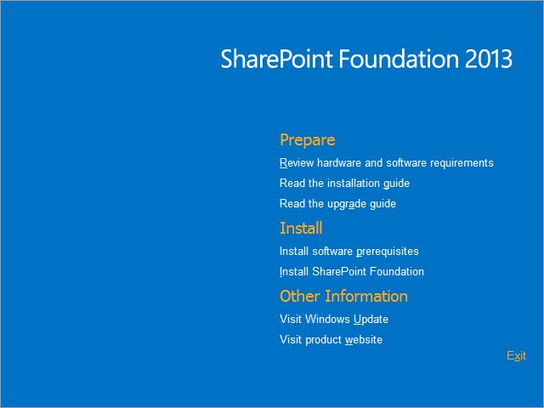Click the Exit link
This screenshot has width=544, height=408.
pyautogui.click(x=516, y=355)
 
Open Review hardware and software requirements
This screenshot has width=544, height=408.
pyautogui.click(x=386, y=162)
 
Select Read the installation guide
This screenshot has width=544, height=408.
pyautogui.click(x=344, y=183)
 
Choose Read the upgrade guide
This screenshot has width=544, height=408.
pyautogui.click(x=337, y=203)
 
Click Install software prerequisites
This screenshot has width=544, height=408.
pyautogui.click(x=348, y=251)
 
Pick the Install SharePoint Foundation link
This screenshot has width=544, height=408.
pyautogui.click(x=351, y=271)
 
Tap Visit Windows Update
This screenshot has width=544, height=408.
pyautogui.click(x=333, y=319)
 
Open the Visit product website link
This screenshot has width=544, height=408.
pyautogui.click(x=331, y=339)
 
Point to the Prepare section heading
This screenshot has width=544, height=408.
pyautogui.click(x=307, y=139)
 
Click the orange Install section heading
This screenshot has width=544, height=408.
pyautogui.click(x=301, y=228)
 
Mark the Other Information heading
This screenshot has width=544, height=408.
pyautogui.click(x=343, y=296)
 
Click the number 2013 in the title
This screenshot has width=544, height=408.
pyautogui.click(x=489, y=59)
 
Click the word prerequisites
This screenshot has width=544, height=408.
pyautogui.click(x=388, y=251)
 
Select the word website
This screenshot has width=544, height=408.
pyautogui.click(x=364, y=339)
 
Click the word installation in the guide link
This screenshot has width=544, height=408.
pyautogui.click(x=352, y=183)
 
